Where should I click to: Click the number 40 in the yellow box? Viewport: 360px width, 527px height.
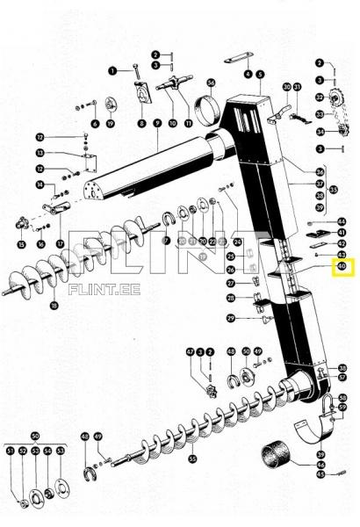click(x=342, y=266)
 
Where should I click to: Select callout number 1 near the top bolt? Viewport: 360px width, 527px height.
click(x=112, y=69)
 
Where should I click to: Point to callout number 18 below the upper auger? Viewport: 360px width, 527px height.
click(x=54, y=306)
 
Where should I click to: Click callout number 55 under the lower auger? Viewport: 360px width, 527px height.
click(x=192, y=458)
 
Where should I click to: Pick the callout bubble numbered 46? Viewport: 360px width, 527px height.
click(x=320, y=465)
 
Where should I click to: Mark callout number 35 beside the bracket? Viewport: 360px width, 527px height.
click(x=332, y=189)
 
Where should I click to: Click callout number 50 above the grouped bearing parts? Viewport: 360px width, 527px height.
click(x=35, y=436)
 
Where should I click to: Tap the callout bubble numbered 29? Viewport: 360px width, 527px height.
click(x=231, y=318)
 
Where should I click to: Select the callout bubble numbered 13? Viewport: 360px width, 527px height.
click(x=40, y=153)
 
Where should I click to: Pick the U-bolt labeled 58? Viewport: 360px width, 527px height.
click(x=327, y=405)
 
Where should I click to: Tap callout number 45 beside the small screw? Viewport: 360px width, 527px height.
click(x=320, y=474)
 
